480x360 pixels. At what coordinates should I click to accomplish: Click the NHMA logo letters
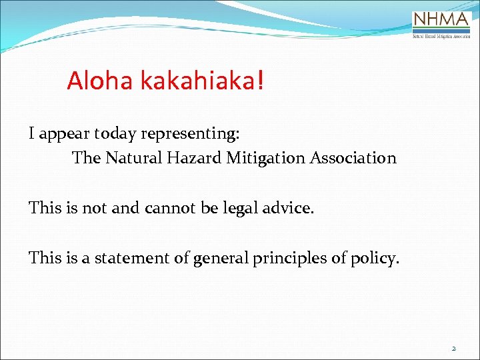click(441, 19)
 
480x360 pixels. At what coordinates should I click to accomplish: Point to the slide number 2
click(454, 348)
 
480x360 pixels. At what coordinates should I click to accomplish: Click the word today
click(115, 134)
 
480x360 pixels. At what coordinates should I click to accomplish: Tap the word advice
click(288, 208)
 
